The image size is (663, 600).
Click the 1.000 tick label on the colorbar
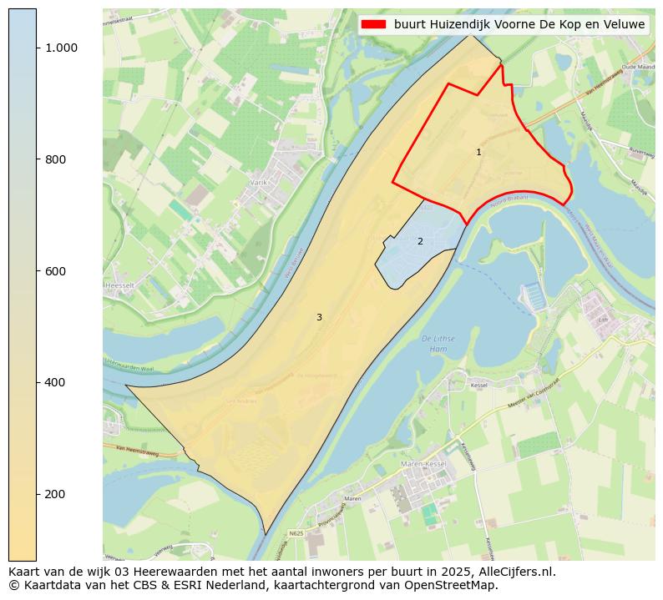pos(61,48)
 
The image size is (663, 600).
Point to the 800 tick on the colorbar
pos(56,159)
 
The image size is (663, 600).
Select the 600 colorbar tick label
pos(56,271)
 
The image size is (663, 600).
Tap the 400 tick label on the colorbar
pos(56,382)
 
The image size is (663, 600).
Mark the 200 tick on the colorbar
pos(56,494)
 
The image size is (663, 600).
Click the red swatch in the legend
pos(374,24)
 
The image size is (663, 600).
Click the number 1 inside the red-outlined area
pos(478,152)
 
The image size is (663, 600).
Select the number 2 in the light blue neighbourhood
pos(420,241)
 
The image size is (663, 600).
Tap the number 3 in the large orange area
pos(319,317)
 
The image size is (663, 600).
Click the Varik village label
pos(257,181)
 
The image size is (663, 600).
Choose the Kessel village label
pos(479,386)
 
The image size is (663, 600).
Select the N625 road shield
pos(296,532)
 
